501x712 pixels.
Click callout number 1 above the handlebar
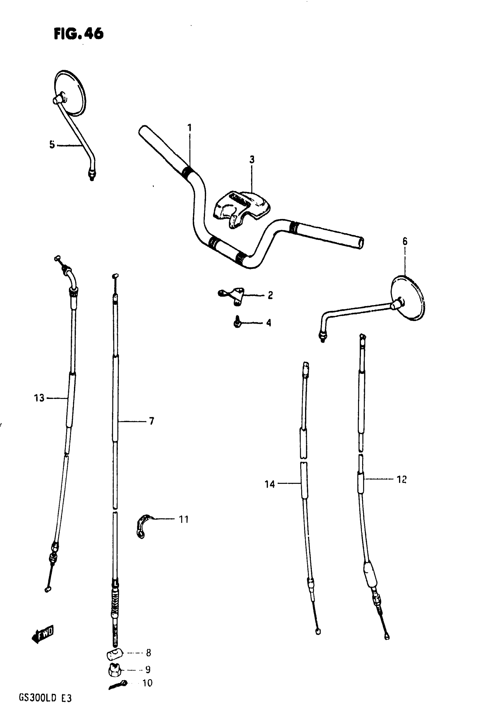point(189,128)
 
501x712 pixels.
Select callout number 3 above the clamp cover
point(252,160)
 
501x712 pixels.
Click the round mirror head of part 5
point(70,93)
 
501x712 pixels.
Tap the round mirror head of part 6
point(408,298)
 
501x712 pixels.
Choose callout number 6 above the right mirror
point(405,241)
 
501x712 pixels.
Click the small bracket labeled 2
point(236,295)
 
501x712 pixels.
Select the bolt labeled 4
point(238,323)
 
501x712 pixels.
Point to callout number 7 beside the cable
point(151,421)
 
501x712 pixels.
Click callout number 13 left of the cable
point(39,398)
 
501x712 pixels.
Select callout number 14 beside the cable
point(269,484)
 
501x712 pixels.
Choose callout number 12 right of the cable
point(401,479)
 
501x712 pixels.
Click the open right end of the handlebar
point(360,243)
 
